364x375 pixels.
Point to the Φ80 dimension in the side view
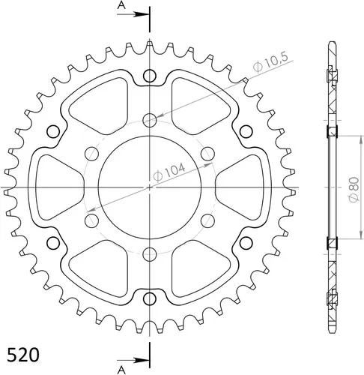coord(351,187)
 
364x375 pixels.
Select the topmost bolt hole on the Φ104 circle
coord(150,119)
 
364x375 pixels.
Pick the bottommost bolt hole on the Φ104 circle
coord(150,253)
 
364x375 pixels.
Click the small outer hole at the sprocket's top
coord(150,74)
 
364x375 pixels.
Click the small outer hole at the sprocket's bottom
coord(150,298)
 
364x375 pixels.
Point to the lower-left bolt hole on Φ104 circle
coord(92,220)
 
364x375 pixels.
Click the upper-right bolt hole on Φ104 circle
coord(207,153)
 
